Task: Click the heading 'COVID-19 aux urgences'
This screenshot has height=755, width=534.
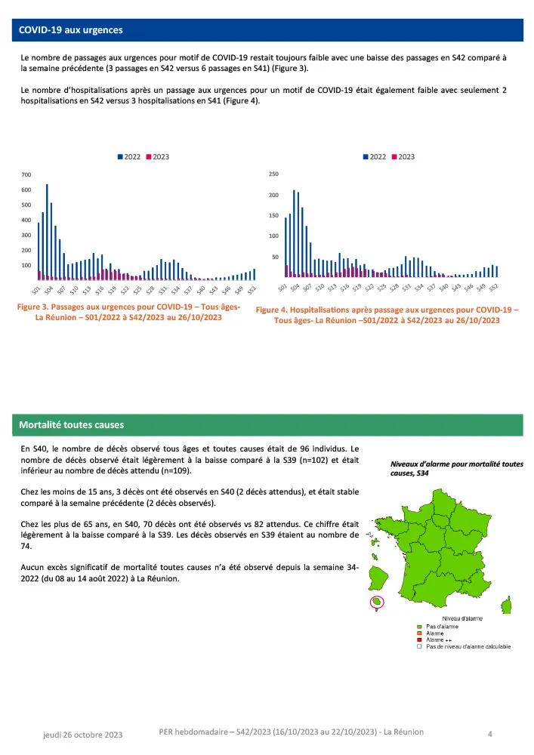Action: [x=71, y=30]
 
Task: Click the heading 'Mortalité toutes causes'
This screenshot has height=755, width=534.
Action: [x=73, y=425]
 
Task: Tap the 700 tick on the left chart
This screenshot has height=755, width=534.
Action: [x=26, y=175]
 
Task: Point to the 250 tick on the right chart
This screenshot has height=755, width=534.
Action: [x=273, y=174]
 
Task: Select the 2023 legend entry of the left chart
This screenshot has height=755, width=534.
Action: [x=157, y=156]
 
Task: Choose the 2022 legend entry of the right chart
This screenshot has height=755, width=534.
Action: [x=375, y=156]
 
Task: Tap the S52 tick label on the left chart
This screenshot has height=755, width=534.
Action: [x=252, y=290]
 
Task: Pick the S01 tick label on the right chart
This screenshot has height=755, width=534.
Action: [x=282, y=289]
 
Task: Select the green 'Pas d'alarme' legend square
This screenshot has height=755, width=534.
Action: [x=419, y=627]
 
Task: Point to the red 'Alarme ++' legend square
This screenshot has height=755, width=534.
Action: [x=419, y=639]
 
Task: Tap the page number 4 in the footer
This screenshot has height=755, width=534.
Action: [x=490, y=733]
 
